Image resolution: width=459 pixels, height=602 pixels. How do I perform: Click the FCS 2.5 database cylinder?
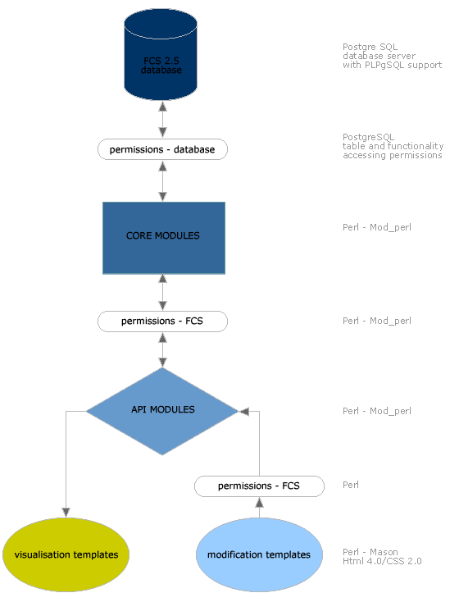click(161, 54)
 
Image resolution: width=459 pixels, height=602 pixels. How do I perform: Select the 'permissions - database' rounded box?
click(163, 149)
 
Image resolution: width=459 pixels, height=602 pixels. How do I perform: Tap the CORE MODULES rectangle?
click(164, 238)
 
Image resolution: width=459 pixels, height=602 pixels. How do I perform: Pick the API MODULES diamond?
click(162, 411)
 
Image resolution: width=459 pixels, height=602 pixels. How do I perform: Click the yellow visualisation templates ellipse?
click(66, 554)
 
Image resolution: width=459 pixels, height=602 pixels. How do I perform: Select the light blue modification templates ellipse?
click(259, 554)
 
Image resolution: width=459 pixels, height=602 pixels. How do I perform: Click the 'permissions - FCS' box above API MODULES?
click(163, 322)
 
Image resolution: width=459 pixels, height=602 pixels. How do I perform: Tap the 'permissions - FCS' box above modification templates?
click(260, 486)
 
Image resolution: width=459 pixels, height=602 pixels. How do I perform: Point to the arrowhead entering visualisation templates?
click(66, 512)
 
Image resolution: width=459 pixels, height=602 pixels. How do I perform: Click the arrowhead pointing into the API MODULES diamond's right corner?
click(244, 412)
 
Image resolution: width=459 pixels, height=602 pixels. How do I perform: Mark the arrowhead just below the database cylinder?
click(163, 106)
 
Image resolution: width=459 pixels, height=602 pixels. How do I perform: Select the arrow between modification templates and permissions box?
click(260, 507)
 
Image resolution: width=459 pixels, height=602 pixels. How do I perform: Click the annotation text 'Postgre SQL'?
click(370, 47)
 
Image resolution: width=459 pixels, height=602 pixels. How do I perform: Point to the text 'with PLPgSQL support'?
click(393, 65)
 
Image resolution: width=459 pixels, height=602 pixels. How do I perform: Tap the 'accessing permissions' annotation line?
click(393, 155)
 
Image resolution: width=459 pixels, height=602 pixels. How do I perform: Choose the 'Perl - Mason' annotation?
click(370, 552)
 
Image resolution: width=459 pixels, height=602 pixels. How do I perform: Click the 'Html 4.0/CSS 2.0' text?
click(382, 561)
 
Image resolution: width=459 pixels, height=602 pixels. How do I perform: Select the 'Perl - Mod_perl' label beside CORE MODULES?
click(377, 227)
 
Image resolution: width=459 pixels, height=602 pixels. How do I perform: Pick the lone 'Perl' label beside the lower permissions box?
click(351, 485)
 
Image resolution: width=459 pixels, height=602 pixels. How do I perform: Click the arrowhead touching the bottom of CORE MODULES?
click(163, 279)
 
